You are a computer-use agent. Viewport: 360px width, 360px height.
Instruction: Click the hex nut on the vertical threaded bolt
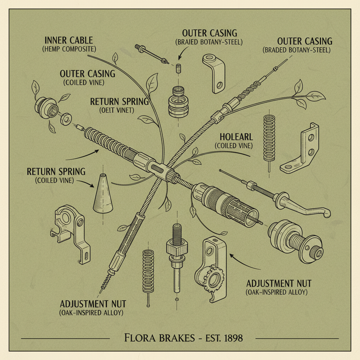tap(174, 251)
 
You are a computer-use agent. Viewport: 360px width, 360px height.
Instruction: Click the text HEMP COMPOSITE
tap(69, 49)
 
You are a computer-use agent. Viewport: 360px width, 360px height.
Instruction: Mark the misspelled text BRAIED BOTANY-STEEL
tap(209, 42)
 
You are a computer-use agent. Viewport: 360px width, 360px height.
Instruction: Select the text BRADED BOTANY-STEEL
tap(296, 50)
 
